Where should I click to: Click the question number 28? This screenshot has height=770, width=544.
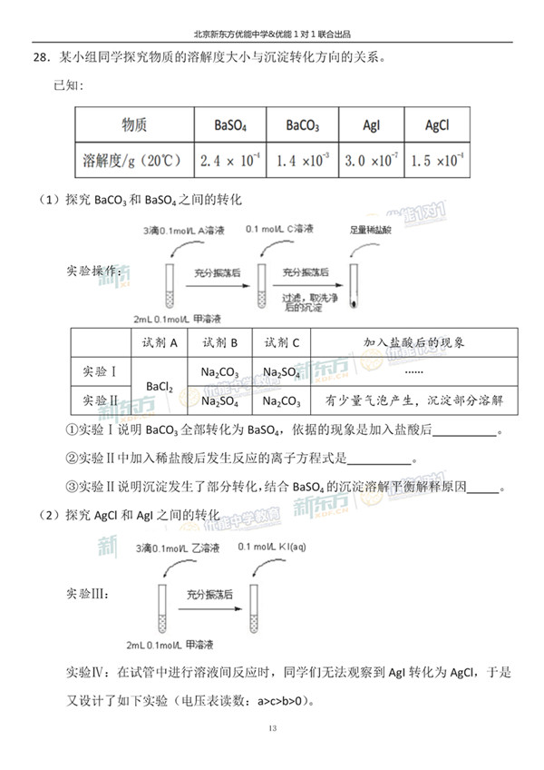click(39, 58)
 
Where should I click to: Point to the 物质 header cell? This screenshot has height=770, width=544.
click(134, 125)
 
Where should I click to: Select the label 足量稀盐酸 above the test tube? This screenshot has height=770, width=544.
click(373, 230)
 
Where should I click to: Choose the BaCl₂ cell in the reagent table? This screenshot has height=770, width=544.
click(159, 385)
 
